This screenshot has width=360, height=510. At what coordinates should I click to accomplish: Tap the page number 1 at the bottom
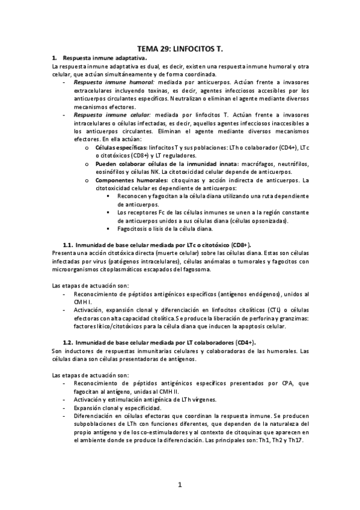(180, 484)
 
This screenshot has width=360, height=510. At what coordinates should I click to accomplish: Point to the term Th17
(296, 440)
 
